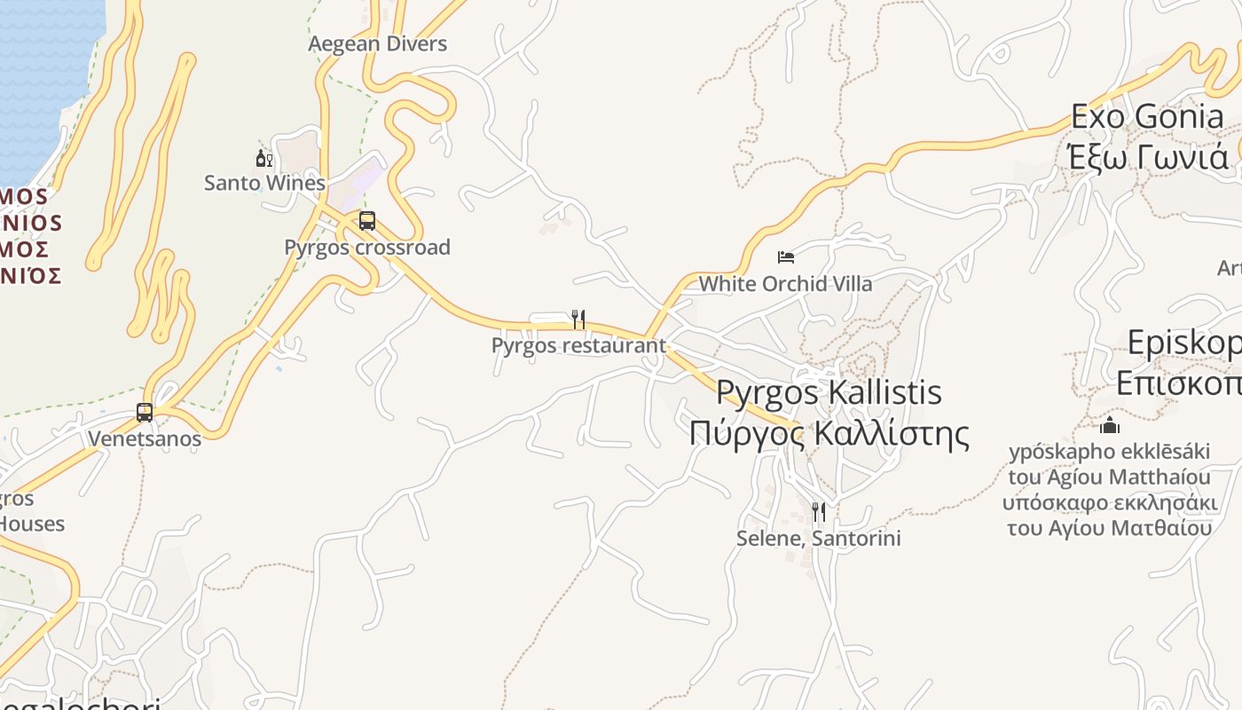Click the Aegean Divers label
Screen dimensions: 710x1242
click(378, 43)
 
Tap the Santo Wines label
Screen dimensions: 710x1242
click(264, 183)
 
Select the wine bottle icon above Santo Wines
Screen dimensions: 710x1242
click(263, 159)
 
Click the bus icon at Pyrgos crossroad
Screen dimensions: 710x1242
click(367, 221)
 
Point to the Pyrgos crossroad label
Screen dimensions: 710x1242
click(367, 247)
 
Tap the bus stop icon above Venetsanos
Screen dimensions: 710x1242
click(145, 413)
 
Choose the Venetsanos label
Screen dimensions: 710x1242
click(145, 438)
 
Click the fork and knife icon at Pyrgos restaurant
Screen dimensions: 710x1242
click(578, 319)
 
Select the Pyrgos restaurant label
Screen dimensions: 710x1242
click(578, 345)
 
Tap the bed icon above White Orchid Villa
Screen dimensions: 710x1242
click(786, 257)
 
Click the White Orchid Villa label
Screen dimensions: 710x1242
click(786, 284)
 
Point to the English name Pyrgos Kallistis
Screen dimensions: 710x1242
click(829, 391)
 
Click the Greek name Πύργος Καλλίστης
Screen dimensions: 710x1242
click(829, 434)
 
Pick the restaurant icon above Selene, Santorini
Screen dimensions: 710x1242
click(819, 512)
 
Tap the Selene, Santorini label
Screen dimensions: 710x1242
click(819, 538)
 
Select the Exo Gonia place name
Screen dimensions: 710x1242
click(1147, 116)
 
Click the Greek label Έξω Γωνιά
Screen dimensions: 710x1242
click(1147, 156)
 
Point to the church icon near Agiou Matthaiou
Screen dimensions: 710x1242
click(1110, 425)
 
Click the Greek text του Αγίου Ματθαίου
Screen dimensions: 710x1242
click(1110, 528)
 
